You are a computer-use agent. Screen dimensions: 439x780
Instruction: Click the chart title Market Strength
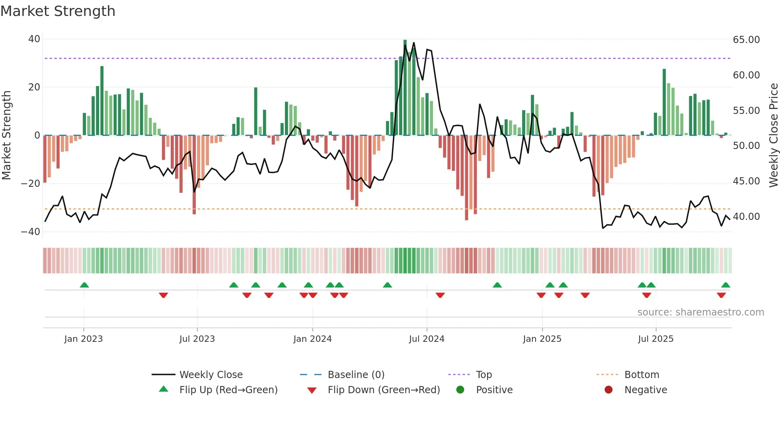tap(58, 11)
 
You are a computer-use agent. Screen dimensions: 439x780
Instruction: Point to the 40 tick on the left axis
tap(34, 39)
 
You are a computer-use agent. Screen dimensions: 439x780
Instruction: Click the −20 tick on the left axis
tap(31, 184)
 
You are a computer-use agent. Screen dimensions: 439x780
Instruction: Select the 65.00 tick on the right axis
tap(746, 40)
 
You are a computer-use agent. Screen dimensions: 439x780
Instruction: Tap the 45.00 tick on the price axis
tap(746, 181)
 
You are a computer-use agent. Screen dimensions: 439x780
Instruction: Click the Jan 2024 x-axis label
tap(312, 339)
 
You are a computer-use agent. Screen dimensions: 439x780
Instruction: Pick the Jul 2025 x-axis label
tap(655, 339)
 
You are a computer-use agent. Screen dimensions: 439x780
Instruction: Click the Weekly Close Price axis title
tap(773, 135)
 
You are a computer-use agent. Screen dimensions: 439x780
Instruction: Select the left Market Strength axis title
tap(7, 135)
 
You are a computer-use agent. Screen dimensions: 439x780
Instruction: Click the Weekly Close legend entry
tap(211, 375)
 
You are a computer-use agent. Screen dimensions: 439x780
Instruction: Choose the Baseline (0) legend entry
tap(356, 375)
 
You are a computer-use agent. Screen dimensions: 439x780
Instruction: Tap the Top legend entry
tap(484, 375)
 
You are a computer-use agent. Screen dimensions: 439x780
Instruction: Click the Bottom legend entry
tap(642, 375)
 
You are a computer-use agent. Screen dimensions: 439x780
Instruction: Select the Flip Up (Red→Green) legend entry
tap(228, 390)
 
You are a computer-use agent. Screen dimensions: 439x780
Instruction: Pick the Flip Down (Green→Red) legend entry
tap(384, 390)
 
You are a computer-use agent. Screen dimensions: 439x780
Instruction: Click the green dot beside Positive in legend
tap(460, 390)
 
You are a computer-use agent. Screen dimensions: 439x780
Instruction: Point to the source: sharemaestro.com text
tap(700, 312)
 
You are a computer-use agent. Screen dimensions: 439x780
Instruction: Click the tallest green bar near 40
tap(405, 88)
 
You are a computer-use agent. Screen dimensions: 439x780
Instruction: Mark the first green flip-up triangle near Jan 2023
tap(84, 285)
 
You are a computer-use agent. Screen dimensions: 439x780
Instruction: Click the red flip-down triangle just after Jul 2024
tap(440, 295)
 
